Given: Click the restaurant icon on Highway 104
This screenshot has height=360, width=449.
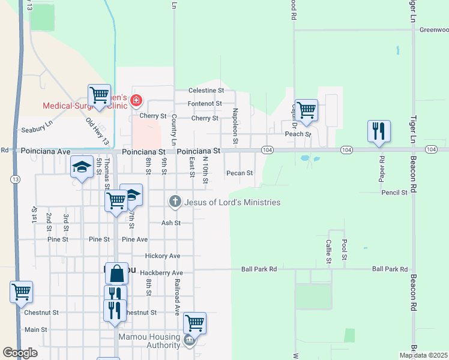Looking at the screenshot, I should tap(379, 131).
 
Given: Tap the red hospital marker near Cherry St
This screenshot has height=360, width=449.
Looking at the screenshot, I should tap(136, 100).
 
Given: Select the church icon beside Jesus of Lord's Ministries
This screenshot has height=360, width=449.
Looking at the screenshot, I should tap(175, 202).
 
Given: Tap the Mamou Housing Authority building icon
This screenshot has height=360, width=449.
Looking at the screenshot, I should tap(189, 340).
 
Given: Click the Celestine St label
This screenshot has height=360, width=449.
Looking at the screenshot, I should tap(206, 90).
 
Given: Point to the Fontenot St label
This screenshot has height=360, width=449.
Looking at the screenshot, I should tap(205, 103).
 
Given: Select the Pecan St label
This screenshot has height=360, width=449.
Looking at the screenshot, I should tap(240, 173).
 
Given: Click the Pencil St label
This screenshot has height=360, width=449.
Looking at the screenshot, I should tap(394, 193).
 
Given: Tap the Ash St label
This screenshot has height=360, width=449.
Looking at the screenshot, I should tap(171, 223).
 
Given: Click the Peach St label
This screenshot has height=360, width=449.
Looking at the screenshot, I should tap(298, 134).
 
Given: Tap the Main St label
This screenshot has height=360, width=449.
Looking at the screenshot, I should tap(36, 329).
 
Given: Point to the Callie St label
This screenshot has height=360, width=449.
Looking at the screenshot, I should tap(328, 251).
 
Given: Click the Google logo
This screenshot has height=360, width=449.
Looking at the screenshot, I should tap(20, 353).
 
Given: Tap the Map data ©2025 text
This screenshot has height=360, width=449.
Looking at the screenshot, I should tap(423, 355).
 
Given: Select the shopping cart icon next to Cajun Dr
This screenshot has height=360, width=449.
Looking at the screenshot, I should tap(306, 110).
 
